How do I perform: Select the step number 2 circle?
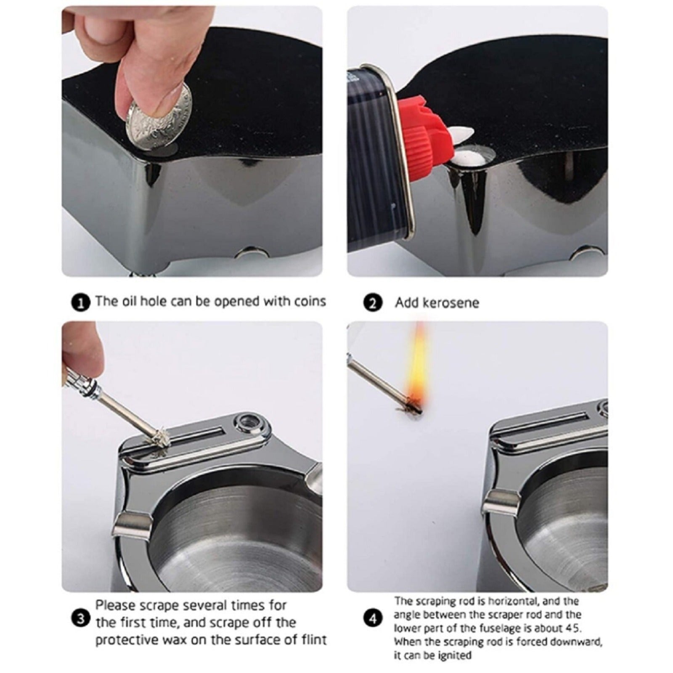pos(372,303)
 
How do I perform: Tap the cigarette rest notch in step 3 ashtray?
pos(131,526)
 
